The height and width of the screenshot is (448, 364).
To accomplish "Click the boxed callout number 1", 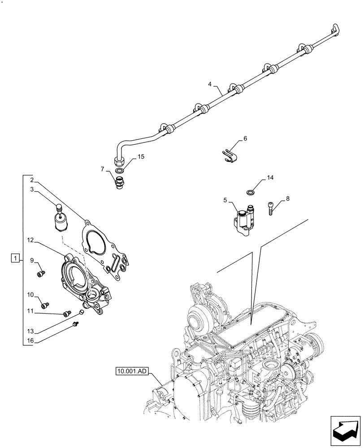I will (16, 258).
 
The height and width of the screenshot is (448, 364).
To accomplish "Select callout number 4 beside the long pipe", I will (209, 84).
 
